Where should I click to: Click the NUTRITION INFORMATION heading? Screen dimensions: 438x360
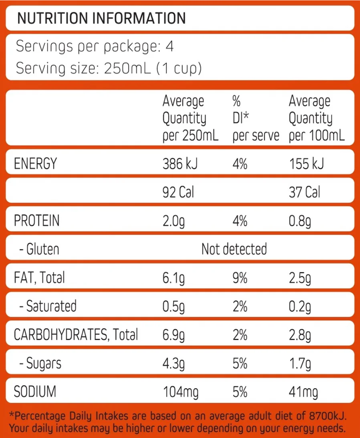(x=101, y=18)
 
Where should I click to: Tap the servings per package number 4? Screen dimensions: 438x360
(x=170, y=46)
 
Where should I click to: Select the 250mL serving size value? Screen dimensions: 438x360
(x=127, y=68)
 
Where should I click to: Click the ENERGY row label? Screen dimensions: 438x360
(x=35, y=164)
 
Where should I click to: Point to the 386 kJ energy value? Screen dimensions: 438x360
(x=180, y=164)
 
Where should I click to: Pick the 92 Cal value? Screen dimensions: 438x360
(x=178, y=192)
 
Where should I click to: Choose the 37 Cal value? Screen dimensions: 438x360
(x=304, y=192)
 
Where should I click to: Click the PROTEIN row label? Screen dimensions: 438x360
(x=36, y=221)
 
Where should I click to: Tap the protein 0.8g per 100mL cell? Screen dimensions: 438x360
(x=300, y=221)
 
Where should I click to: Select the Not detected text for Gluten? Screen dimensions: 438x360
(x=234, y=249)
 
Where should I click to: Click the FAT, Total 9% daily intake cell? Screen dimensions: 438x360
(x=240, y=278)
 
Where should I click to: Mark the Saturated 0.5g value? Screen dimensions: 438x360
(x=173, y=306)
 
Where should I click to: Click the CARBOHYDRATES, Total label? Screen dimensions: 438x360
(x=76, y=334)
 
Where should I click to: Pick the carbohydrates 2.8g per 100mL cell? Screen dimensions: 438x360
(x=300, y=335)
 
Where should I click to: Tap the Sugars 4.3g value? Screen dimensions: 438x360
(x=173, y=363)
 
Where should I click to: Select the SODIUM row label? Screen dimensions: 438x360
(x=35, y=392)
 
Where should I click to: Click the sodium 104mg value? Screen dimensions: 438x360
(x=181, y=392)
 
